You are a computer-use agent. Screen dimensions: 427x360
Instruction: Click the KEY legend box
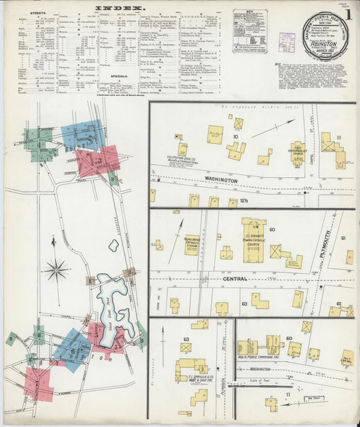click(250, 31)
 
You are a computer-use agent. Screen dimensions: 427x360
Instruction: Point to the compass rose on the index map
click(55, 270)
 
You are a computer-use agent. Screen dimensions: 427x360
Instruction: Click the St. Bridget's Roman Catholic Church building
click(254, 240)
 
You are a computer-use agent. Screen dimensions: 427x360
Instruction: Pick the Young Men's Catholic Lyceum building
click(192, 244)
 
